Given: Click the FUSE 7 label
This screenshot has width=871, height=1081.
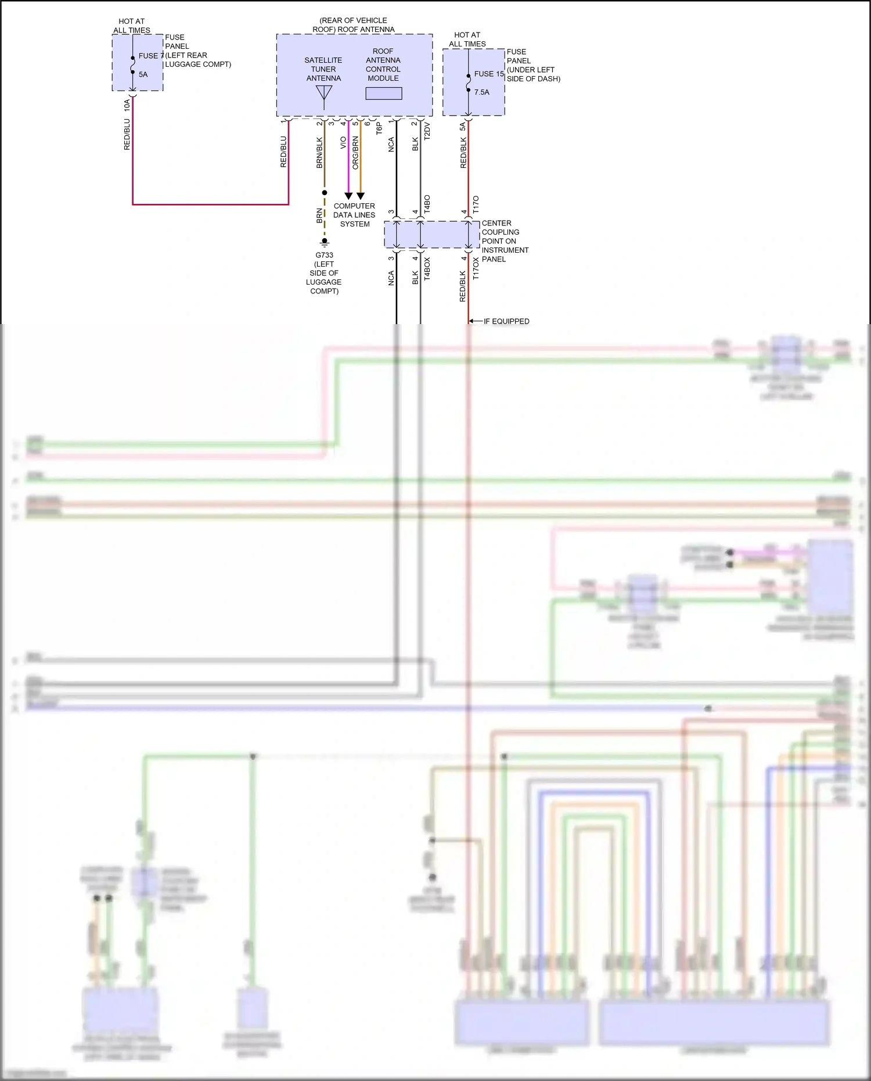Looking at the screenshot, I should (x=150, y=56).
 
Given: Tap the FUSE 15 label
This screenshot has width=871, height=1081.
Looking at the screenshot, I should (x=488, y=74).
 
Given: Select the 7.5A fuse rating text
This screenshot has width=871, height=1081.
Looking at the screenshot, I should (x=481, y=92).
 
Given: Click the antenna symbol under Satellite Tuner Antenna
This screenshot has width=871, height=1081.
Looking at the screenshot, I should (x=324, y=96).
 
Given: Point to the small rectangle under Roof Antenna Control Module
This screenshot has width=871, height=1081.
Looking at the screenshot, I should (x=383, y=94).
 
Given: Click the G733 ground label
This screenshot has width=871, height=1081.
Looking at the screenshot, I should (x=324, y=255).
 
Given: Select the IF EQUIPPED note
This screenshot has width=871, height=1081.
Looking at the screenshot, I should (x=506, y=321).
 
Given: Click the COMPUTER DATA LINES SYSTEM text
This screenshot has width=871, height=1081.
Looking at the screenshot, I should (x=354, y=215).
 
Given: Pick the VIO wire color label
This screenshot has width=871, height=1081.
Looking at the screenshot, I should (x=343, y=142).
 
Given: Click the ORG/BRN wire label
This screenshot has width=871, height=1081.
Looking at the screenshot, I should (x=355, y=153).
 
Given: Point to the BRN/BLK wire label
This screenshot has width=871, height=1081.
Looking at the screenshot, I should (x=319, y=153).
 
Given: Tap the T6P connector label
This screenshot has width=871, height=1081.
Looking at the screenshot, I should (x=379, y=128).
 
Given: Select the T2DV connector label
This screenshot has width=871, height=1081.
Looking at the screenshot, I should (x=427, y=131).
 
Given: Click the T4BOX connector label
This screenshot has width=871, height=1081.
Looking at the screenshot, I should (x=427, y=269).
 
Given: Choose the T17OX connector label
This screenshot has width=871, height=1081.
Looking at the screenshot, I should (x=476, y=269).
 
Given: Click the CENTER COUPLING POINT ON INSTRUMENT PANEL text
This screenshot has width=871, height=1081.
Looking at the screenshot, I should (x=505, y=241).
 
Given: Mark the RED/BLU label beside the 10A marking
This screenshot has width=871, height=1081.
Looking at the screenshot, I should (x=127, y=135).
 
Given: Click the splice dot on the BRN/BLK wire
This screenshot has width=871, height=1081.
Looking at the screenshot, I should (x=325, y=192).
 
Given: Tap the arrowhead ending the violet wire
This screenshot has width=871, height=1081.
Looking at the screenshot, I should (x=348, y=196).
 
